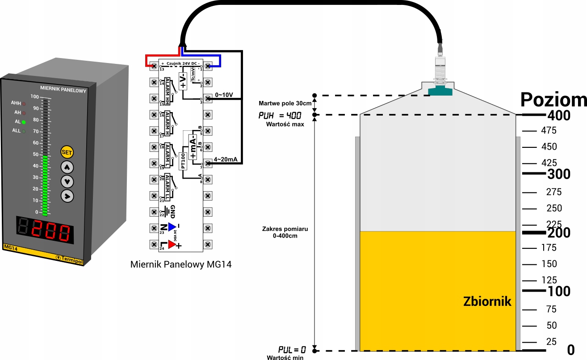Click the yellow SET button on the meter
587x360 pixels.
[x=67, y=152]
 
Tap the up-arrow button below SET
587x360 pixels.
[x=67, y=167]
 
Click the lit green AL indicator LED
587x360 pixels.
[x=24, y=121]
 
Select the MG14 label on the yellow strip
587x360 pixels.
[x=10, y=247]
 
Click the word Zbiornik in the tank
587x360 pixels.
[x=487, y=302]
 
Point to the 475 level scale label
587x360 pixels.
[x=548, y=131]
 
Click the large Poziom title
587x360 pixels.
[x=553, y=100]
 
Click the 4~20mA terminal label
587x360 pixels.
[x=225, y=159]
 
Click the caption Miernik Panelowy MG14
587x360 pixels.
[x=181, y=264]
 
